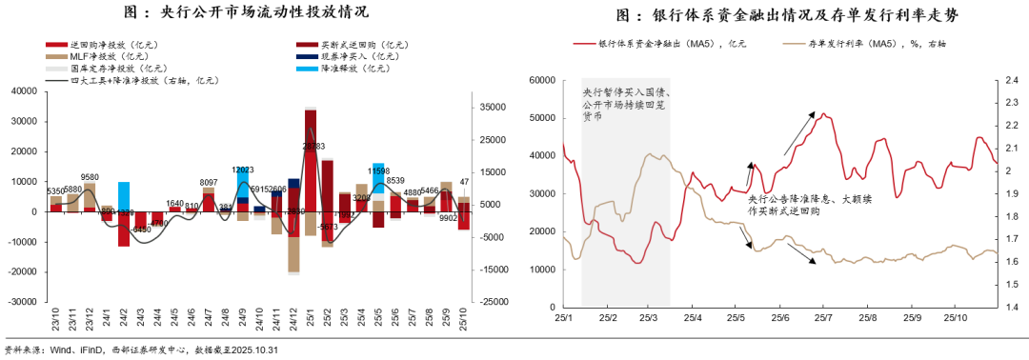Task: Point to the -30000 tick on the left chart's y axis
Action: point(20,302)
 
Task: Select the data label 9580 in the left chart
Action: point(90,177)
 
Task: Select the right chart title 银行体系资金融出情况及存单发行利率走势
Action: point(773,14)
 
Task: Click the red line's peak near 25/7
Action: point(824,114)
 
